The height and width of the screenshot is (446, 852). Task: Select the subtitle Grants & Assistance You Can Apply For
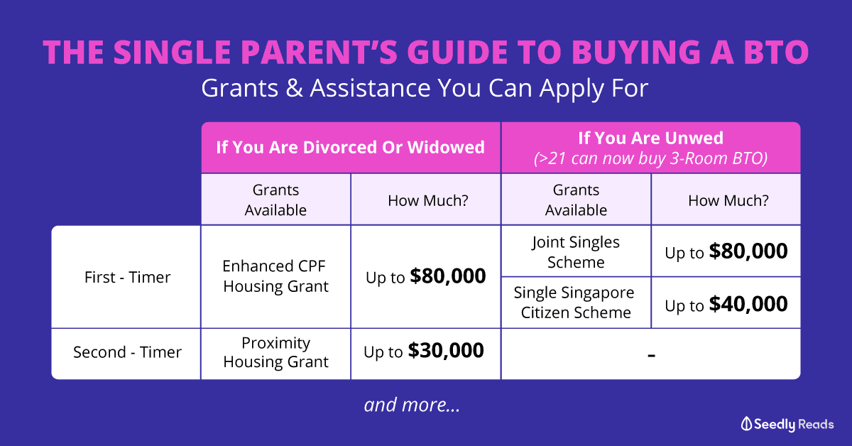click(425, 89)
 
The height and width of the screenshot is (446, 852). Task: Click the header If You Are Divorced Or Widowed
click(350, 147)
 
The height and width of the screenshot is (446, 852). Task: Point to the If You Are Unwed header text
click(651, 138)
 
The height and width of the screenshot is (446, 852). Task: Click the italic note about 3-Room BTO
click(651, 158)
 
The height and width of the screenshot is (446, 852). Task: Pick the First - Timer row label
click(127, 277)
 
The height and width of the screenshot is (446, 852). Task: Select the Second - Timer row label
click(127, 352)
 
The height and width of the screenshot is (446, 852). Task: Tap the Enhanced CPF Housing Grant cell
click(275, 276)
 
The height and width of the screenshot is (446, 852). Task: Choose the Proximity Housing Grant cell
click(275, 353)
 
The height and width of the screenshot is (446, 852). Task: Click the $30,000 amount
click(446, 351)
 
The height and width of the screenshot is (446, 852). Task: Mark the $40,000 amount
click(748, 304)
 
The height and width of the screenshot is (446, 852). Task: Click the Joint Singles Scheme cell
click(576, 252)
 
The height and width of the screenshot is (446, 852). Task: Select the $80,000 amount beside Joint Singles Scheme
click(748, 251)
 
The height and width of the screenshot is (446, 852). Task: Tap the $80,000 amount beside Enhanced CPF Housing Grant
click(448, 276)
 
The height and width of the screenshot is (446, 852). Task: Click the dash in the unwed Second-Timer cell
click(652, 356)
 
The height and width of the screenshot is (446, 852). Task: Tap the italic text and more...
click(412, 405)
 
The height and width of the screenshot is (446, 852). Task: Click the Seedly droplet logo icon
click(746, 424)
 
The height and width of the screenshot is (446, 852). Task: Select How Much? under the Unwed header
click(728, 200)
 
